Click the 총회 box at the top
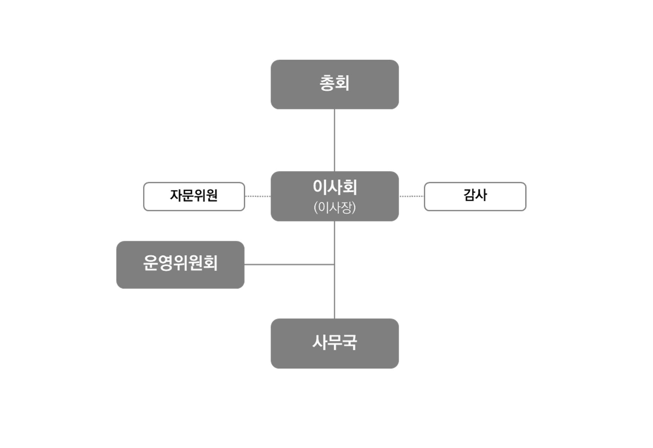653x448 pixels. [335, 84]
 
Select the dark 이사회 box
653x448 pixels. [335, 196]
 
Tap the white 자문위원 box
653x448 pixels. [194, 196]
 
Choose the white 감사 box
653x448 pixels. [475, 196]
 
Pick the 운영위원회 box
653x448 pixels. [180, 265]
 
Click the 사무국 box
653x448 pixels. [335, 343]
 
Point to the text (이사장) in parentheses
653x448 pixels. [335, 207]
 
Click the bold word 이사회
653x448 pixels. [335, 187]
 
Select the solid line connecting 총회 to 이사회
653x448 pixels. [335, 140]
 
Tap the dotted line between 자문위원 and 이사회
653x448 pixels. [258, 196]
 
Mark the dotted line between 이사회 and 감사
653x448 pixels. [412, 196]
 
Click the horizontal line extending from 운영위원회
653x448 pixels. [289, 264]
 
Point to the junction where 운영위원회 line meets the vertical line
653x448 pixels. [335, 264]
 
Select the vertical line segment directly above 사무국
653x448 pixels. [335, 292]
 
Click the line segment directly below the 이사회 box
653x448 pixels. [335, 243]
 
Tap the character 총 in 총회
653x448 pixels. [327, 83]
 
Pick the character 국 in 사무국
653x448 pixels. [350, 342]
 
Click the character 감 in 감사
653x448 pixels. [469, 195]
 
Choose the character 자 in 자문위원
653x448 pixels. [176, 195]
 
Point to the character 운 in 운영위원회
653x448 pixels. [150, 263]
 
